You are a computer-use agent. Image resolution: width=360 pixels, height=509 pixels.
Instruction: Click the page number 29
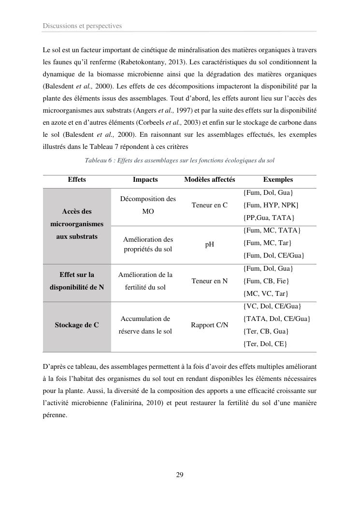tap(179, 475)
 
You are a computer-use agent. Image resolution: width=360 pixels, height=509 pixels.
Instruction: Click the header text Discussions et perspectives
tap(82, 26)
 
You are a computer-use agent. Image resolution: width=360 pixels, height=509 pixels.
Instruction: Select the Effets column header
tap(77, 179)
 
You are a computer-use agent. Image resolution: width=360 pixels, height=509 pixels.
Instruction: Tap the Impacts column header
tap(145, 179)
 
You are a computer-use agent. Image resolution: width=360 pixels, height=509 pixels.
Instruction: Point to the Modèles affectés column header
tap(209, 179)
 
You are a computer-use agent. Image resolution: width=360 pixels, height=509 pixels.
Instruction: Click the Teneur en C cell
tap(209, 205)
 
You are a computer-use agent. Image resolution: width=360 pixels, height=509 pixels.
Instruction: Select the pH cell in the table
tap(209, 244)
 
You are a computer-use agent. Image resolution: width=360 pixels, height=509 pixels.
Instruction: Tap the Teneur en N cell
tap(209, 281)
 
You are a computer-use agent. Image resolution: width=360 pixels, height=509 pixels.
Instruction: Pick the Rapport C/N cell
tap(209, 325)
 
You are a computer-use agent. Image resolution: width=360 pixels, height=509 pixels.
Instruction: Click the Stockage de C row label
tap(77, 325)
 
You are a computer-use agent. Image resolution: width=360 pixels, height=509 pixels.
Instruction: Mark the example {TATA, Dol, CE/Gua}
tap(276, 319)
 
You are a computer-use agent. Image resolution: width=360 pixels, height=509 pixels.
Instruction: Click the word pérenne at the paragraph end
tap(55, 415)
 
